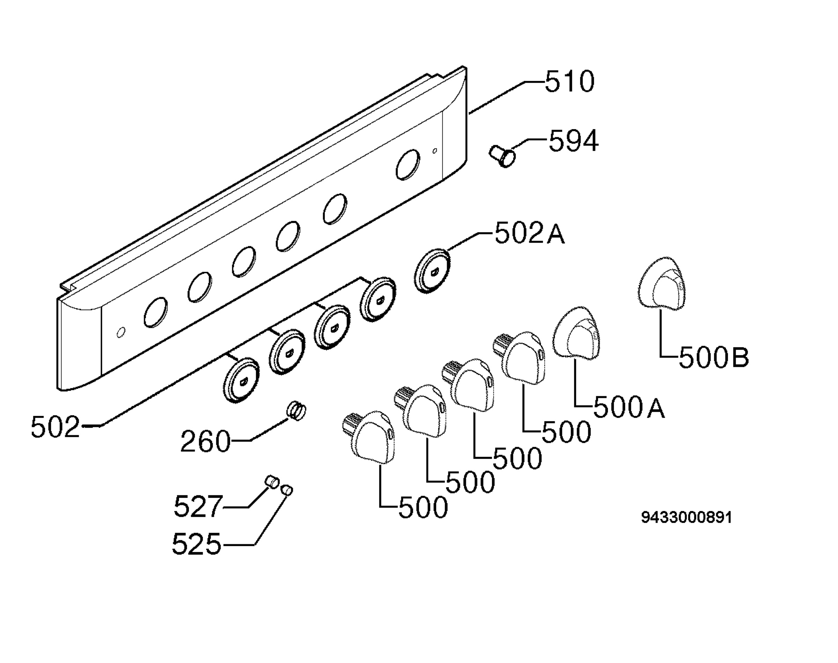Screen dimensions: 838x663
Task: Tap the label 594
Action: (x=573, y=141)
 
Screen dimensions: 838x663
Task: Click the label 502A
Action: (x=529, y=234)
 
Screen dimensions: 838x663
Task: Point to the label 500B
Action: (x=714, y=358)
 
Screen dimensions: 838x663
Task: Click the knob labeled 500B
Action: (x=662, y=283)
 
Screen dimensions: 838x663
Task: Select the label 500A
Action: (x=629, y=407)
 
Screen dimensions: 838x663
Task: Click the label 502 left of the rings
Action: (x=55, y=427)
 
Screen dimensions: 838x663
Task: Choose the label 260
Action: (x=205, y=441)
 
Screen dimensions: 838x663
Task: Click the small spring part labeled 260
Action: (x=297, y=411)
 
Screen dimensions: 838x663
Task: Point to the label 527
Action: (x=198, y=506)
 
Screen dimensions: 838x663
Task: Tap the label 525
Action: (x=197, y=543)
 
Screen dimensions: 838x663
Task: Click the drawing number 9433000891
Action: (x=686, y=517)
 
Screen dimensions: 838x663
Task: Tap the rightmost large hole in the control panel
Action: (x=408, y=165)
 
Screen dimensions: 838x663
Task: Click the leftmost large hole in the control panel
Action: (x=156, y=312)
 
